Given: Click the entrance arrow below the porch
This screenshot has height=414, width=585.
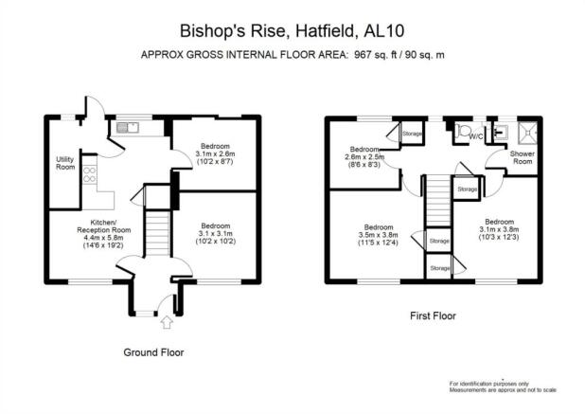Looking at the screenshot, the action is coord(167,322).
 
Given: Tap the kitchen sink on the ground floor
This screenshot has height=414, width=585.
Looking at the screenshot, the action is coord(127,128).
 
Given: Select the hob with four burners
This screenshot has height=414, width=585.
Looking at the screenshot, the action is coord(90,174).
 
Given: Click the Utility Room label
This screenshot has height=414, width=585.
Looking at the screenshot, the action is coord(65,163).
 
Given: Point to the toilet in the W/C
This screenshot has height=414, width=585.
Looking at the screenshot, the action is coord(464,131).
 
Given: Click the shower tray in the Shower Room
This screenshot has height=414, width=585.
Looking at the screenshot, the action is coord(527,133).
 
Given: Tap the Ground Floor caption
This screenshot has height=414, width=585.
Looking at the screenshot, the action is coord(153,352).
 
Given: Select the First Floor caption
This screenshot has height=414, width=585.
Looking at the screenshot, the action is coord(433,316).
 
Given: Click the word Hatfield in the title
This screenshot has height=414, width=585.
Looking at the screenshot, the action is coord(325,31).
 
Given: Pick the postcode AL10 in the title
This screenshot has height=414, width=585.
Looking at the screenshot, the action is coord(384,31).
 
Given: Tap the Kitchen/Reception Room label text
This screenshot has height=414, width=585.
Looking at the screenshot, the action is coord(104,226).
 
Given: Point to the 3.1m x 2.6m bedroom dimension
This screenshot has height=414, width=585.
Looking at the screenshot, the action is coord(215,153).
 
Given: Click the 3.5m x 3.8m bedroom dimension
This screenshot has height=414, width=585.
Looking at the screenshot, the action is coord(379,235).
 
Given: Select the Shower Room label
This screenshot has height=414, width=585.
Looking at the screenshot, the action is coord(523,157).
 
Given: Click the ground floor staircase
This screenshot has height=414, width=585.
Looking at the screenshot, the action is coord(158,233).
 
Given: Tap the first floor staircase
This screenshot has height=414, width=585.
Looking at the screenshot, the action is coord(439,201).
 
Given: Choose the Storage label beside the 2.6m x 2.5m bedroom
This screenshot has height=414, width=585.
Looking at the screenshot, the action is coord(413,134).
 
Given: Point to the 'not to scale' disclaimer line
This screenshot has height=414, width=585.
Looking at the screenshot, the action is coord(503,390).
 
